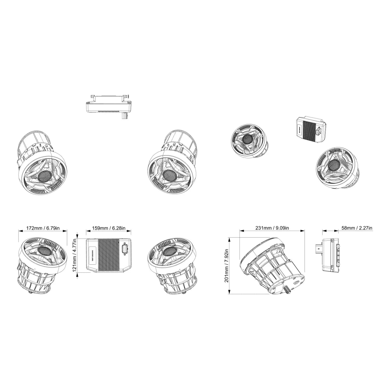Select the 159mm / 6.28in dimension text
pos(108,228)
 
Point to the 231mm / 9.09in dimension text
pos(272,228)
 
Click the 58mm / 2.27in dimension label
pos(357,228)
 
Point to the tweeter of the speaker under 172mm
pos(44,251)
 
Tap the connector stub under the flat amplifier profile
pos(124,116)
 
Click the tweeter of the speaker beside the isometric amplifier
pos(246,139)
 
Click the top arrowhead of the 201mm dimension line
pos(229,239)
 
